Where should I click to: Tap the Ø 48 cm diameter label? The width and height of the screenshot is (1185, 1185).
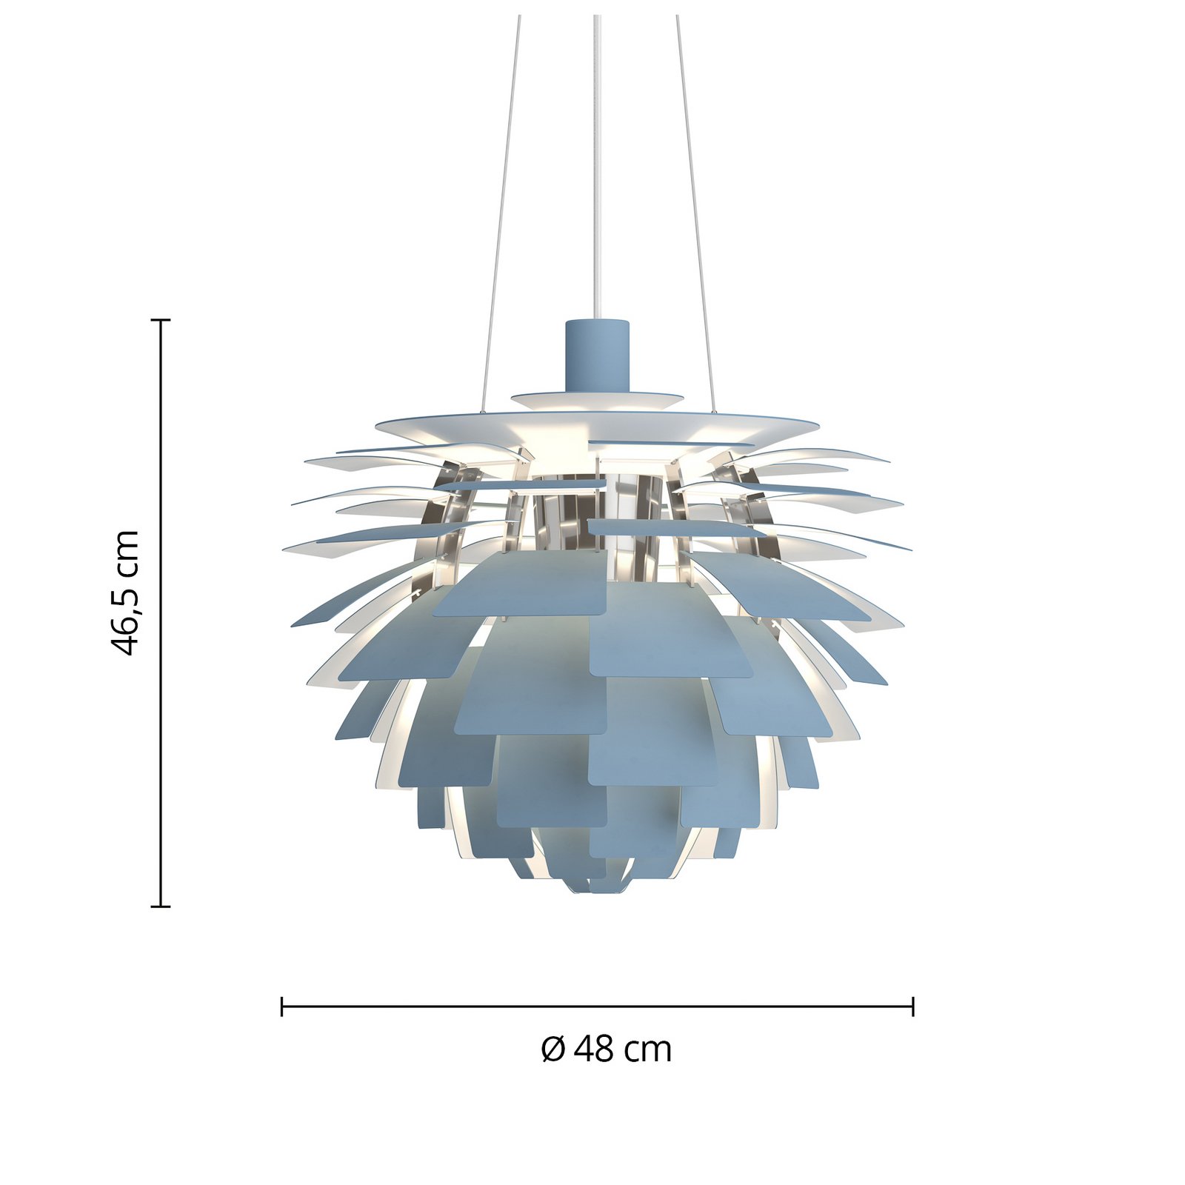pyautogui.click(x=606, y=1049)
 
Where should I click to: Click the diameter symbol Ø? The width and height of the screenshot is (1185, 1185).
pyautogui.click(x=553, y=1049)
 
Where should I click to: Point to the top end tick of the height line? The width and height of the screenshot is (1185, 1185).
pyautogui.click(x=161, y=320)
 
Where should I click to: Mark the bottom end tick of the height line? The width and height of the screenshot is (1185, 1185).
pyautogui.click(x=161, y=906)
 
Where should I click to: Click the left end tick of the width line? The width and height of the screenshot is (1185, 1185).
pyautogui.click(x=282, y=1007)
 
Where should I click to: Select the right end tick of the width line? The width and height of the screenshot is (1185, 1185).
pyautogui.click(x=913, y=1007)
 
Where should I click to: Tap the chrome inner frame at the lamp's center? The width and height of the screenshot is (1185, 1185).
pyautogui.click(x=597, y=504)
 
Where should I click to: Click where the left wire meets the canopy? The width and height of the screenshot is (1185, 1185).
pyautogui.click(x=483, y=412)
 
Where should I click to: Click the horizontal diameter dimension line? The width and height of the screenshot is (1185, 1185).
pyautogui.click(x=597, y=1007)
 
